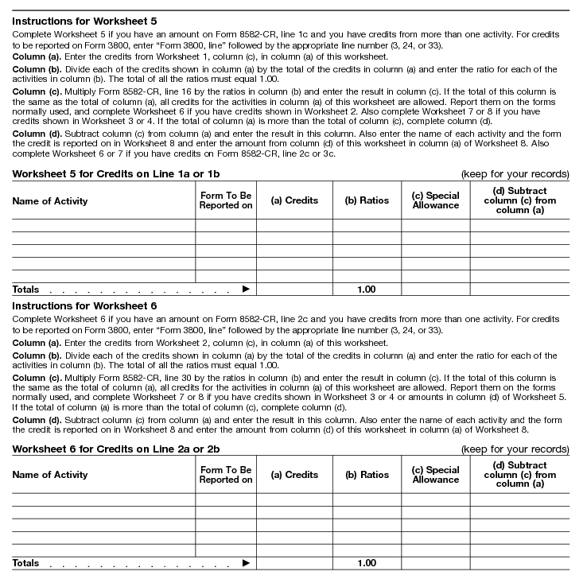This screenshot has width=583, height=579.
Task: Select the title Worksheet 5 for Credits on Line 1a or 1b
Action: coord(116,173)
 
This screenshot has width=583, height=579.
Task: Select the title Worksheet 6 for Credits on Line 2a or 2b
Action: coord(116,449)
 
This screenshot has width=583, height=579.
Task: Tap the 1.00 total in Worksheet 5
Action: coord(367,289)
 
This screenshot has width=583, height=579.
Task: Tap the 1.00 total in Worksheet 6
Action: coord(367,564)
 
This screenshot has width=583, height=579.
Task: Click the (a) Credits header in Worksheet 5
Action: coord(294,200)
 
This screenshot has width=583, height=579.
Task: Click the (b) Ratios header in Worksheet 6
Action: coord(367,475)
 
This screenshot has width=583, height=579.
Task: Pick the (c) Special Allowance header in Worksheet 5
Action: coord(435,200)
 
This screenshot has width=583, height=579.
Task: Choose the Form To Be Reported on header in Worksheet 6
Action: coord(226,475)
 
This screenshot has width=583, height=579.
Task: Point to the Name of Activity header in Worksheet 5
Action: coord(50,201)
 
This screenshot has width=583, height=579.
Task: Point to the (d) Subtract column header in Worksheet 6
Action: coord(519,475)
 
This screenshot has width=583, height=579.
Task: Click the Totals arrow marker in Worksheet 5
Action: coord(246,289)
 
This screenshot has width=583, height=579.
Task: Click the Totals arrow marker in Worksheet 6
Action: coord(246,564)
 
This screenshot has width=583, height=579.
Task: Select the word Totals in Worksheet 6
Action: coord(25,564)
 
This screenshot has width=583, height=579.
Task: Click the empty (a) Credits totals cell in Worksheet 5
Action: coord(294,289)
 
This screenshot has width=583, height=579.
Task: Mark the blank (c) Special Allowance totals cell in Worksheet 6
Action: coord(435,564)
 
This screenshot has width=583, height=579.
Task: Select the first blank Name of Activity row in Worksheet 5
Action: coord(103,225)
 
